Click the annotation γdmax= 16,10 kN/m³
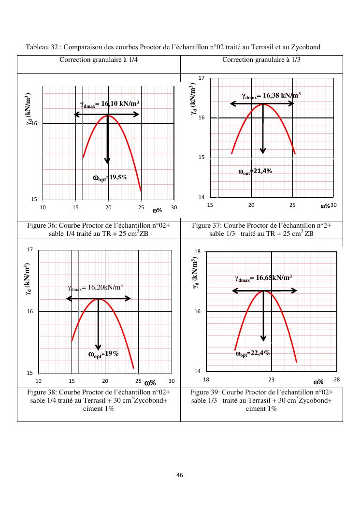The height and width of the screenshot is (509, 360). point(110,104)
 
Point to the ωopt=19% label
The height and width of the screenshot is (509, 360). point(103,354)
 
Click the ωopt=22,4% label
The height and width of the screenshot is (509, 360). point(252,353)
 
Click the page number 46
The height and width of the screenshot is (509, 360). point(180,475)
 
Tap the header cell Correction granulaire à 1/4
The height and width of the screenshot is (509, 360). point(99,60)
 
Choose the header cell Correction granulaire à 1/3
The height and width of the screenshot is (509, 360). point(261,60)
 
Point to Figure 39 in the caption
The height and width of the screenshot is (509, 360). point(205,392)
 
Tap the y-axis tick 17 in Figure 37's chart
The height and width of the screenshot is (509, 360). point(202,78)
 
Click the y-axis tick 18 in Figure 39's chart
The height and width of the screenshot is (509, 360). point(197,252)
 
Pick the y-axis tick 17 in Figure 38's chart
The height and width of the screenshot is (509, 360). point(30,250)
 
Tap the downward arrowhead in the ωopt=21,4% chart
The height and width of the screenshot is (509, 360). point(263,150)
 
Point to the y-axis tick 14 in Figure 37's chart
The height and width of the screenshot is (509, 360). point(202,197)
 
